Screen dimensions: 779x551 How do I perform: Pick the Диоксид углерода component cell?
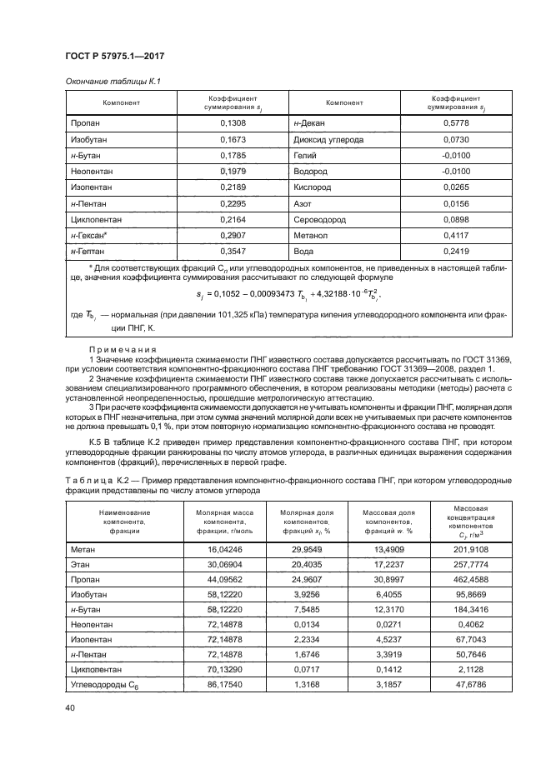tap(328, 139)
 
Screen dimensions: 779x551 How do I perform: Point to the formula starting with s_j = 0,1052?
tap(276, 293)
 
